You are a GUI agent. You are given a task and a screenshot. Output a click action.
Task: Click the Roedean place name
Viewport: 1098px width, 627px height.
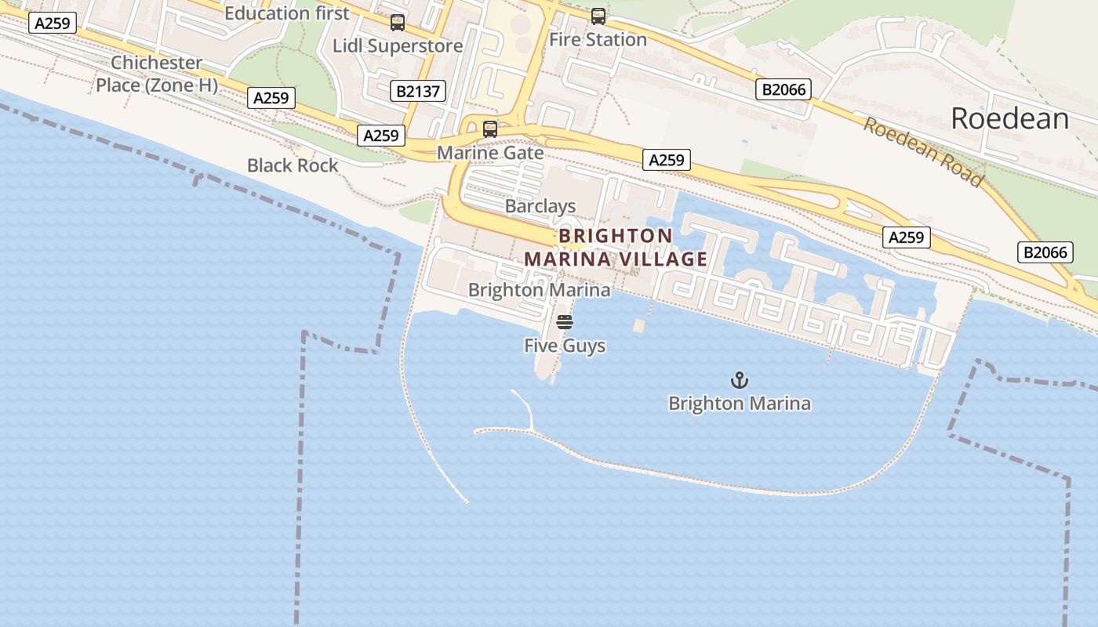click(x=1009, y=118)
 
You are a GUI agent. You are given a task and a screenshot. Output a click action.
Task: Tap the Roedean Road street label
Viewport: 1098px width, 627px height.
click(x=923, y=152)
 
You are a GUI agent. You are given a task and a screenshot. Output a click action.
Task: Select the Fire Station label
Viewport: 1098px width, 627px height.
click(x=598, y=39)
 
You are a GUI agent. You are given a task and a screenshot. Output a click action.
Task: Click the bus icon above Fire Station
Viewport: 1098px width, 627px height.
click(x=598, y=16)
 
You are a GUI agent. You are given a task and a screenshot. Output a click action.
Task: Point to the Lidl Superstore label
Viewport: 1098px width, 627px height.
click(x=398, y=45)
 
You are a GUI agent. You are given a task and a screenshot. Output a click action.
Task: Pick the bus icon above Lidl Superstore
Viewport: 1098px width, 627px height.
click(x=398, y=23)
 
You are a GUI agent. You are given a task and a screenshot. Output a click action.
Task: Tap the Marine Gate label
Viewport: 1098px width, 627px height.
click(x=490, y=152)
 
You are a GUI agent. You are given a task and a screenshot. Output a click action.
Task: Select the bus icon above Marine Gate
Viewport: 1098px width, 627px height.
click(x=490, y=129)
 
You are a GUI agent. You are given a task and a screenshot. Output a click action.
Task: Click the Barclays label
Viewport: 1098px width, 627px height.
click(x=540, y=206)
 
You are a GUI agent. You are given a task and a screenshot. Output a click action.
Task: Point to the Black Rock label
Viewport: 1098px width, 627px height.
click(x=293, y=165)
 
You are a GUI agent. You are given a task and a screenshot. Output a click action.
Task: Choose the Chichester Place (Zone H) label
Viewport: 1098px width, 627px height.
click(x=157, y=74)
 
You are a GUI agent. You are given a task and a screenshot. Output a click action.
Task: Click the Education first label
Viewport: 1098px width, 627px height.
click(x=287, y=13)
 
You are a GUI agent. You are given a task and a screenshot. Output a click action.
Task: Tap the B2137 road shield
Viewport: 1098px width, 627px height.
click(x=418, y=91)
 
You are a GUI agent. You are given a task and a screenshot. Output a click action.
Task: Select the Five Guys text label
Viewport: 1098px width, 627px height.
click(x=565, y=345)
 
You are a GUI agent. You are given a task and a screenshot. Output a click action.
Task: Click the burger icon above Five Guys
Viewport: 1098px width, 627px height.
click(x=565, y=322)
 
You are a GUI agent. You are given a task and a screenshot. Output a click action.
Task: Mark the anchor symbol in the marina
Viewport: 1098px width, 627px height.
click(x=739, y=381)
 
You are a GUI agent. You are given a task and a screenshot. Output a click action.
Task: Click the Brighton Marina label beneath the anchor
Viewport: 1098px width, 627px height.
click(x=739, y=404)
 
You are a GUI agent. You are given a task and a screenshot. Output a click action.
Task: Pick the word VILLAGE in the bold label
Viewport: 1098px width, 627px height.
click(x=658, y=259)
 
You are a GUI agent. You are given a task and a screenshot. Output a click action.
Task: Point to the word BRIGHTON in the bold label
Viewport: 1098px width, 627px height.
click(x=616, y=236)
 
